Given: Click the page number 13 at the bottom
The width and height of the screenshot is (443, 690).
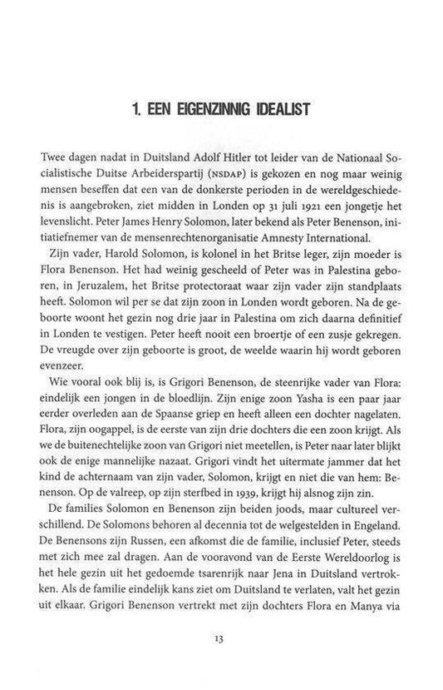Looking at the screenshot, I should [221, 638].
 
